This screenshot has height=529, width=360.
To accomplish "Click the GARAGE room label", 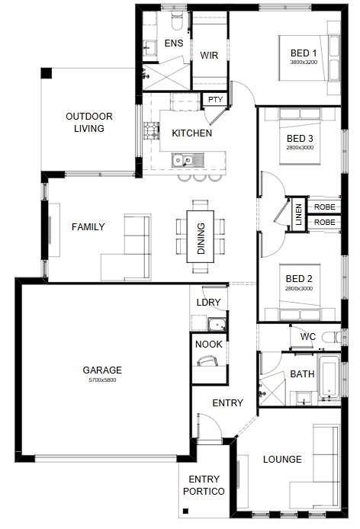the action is coord(102,370).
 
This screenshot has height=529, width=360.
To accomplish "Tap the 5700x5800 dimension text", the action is coord(102,380).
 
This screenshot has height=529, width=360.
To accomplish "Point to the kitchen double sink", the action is coord(188,160).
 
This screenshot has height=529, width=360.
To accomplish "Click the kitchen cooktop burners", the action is coord(151,130).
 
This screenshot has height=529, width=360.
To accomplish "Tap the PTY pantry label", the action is coord(215,100).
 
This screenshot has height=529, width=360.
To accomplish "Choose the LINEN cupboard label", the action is coord(298,214).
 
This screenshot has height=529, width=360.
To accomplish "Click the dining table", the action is coord(201,236).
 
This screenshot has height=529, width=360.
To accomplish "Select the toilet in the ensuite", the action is coord(177,21).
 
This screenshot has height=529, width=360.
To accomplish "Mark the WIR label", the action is coord(209,56).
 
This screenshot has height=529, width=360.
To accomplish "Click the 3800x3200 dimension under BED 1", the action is coord(304,62).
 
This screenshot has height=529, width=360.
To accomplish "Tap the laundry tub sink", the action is coord(217,324).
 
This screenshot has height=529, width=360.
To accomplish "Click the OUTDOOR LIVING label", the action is coord(89,123).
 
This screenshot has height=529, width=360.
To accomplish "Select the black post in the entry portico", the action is coord(185,511).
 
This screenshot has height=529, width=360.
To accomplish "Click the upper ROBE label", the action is coord(325,207).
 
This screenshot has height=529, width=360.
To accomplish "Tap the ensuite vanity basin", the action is coord(149,47).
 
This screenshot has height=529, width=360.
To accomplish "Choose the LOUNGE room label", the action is coord(282,459).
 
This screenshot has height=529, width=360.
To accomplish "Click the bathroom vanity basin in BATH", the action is coord(304,399).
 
